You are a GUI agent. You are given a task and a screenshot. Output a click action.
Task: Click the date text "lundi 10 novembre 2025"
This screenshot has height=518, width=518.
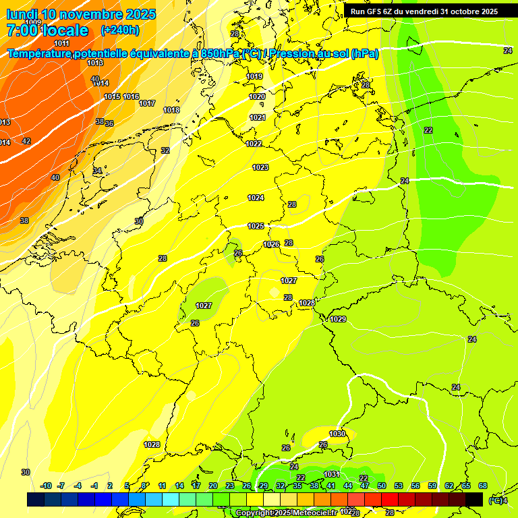pos(81,14)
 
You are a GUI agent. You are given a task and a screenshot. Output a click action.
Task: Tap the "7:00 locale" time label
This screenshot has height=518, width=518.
pos(47,30)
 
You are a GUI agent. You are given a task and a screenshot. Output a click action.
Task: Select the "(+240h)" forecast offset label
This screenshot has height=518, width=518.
pos(120,30)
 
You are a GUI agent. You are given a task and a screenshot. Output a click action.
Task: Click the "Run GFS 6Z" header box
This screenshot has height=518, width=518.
pos(424,11)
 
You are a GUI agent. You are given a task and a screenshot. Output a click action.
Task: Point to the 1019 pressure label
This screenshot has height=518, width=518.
pos(255,77)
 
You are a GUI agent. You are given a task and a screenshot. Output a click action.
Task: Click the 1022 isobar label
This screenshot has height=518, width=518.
pos(254,144)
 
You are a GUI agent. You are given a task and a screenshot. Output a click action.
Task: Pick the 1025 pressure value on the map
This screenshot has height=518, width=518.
pos(256,226)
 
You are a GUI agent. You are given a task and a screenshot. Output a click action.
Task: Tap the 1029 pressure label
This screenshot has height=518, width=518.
pos(338,319)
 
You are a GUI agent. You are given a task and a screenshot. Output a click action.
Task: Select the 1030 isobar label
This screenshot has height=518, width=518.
pos(337,434)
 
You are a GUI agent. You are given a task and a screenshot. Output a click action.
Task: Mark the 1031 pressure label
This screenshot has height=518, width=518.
pos(331,474)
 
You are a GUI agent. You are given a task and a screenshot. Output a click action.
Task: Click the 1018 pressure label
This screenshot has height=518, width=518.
pos(171,110)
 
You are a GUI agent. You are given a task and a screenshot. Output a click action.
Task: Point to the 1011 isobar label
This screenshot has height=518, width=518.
pos(61,43)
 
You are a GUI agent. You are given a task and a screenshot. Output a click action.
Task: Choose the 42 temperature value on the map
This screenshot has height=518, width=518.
pos(26,141)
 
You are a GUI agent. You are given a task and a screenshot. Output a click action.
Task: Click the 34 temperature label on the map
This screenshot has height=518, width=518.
pos(97,171)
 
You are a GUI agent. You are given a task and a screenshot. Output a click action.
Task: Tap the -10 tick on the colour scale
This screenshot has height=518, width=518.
pos(47,486)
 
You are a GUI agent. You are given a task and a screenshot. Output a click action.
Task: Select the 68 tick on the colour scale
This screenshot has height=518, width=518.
pos(483,486)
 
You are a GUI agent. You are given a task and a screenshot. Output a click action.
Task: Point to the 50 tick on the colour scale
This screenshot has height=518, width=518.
pos(382,486)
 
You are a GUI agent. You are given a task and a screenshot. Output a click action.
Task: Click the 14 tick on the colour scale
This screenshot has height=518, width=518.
pos(179,486)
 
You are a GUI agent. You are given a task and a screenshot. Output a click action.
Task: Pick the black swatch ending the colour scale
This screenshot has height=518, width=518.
pos(474,499)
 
